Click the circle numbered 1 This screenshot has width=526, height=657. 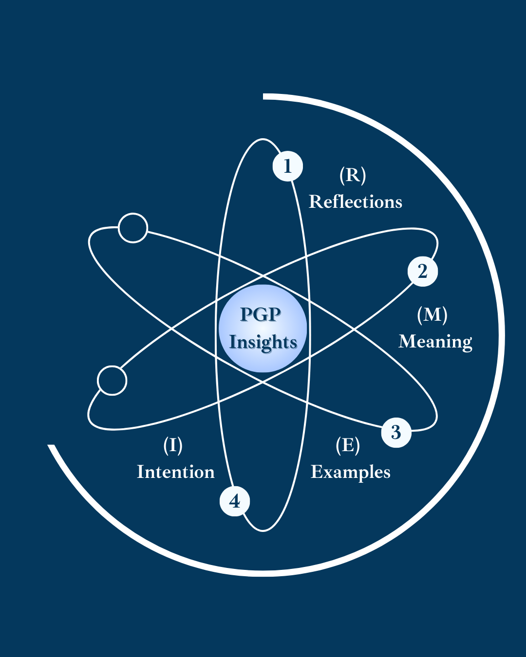pos(287,166)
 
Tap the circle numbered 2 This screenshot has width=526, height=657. pos(422,271)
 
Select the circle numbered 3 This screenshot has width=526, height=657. pos(396,432)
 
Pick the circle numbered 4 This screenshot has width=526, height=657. pos(235,501)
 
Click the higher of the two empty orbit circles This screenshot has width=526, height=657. pos(133,228)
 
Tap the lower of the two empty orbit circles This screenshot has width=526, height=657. pos(112,381)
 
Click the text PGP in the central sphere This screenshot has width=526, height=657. pos(261,314)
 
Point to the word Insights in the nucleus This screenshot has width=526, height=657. pos(263,342)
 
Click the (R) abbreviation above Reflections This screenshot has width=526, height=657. pos(353,175)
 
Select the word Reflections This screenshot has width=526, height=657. pos(356,201)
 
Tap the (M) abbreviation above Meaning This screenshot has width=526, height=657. pos(432,314)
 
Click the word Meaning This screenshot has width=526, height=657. pos(435,342)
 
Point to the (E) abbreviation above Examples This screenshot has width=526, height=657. pos(348,445)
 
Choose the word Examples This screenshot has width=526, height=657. pos(351,472)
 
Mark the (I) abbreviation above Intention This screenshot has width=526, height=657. pos(173,445)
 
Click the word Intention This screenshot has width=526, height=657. pos(176,472)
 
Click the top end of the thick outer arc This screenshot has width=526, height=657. pos(264,96)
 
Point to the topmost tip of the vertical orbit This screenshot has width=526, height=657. pos(263,140)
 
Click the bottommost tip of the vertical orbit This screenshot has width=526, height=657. pos(263,530)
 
